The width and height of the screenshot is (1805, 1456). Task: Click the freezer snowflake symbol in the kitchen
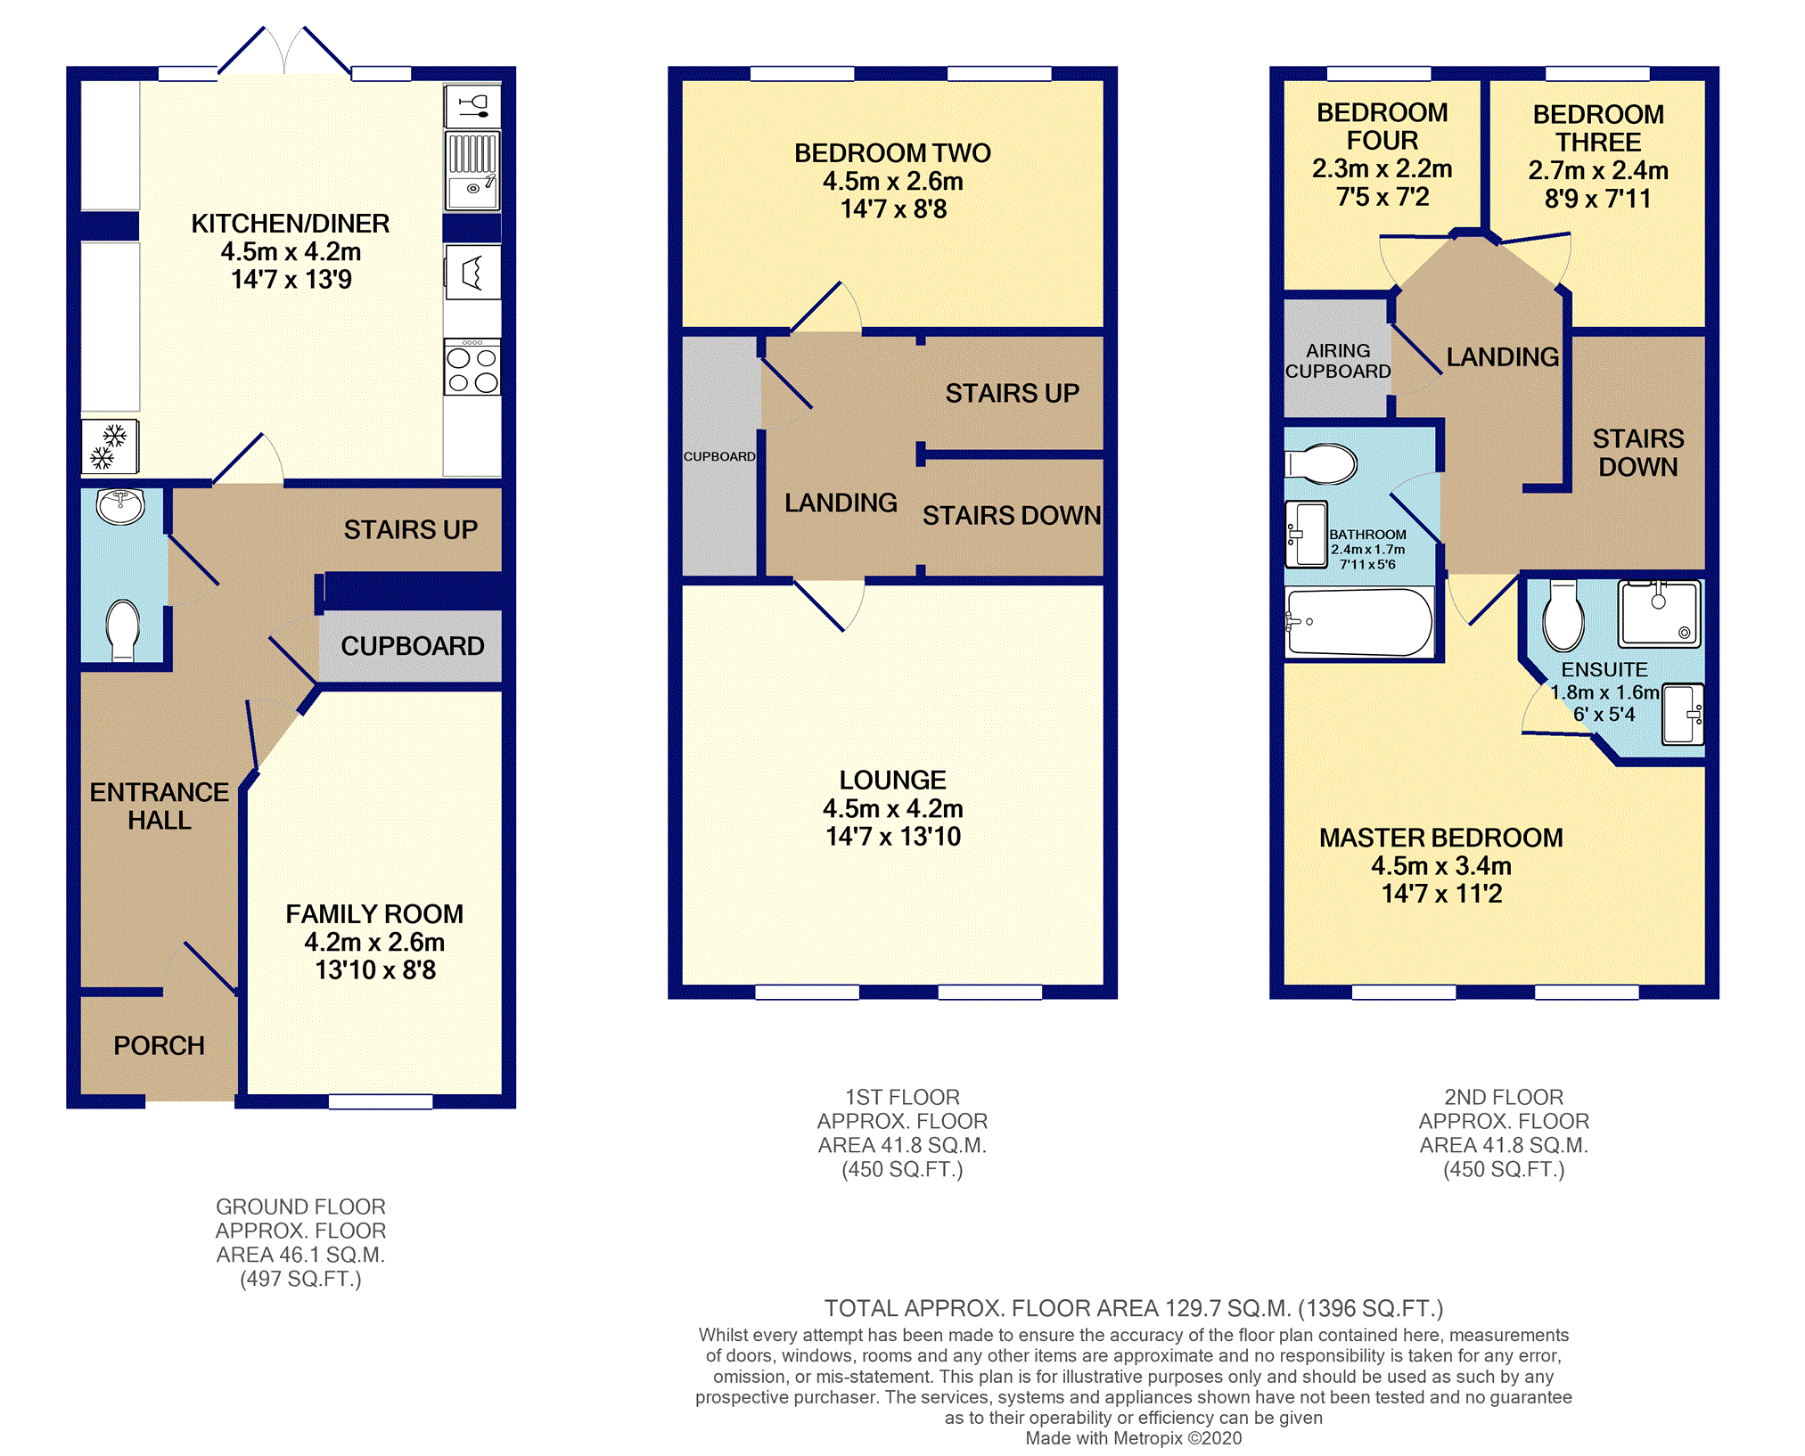click(x=110, y=446)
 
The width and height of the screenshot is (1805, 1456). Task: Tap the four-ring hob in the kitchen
click(x=472, y=367)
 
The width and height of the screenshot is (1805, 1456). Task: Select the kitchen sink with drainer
click(x=472, y=170)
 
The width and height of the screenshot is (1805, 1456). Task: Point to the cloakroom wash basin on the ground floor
click(x=121, y=506)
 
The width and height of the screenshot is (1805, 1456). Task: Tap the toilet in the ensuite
click(x=1563, y=615)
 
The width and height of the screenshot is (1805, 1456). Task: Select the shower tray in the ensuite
click(x=1660, y=613)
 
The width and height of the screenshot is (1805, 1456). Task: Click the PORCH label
click(x=159, y=1045)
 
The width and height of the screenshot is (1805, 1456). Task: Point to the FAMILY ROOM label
click(x=374, y=914)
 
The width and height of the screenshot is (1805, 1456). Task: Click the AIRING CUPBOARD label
click(x=1338, y=361)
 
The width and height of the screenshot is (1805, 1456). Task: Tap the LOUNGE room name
click(x=892, y=780)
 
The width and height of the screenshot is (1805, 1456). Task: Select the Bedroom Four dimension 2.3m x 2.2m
click(x=1382, y=168)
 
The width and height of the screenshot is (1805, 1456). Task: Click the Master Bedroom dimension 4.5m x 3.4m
click(x=1441, y=865)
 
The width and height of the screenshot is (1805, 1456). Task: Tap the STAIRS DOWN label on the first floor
click(x=1012, y=515)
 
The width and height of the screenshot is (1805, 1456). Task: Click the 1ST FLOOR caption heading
click(x=902, y=1097)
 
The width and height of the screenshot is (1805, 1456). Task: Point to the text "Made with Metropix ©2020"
click(x=1133, y=1438)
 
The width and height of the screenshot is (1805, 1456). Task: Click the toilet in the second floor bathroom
click(x=1321, y=463)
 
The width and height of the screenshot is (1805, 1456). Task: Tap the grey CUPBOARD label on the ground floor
click(x=413, y=646)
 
